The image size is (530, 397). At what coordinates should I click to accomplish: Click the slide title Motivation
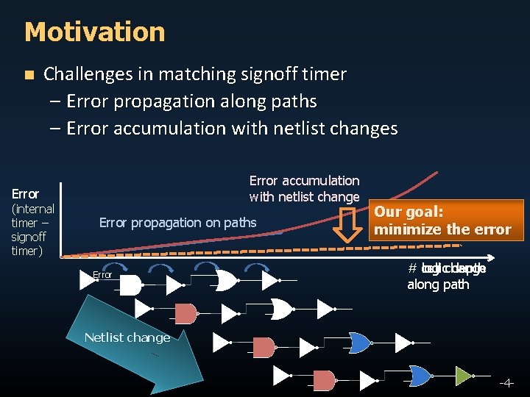pos(94,32)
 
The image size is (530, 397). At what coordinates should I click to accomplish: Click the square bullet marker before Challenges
pos(29,75)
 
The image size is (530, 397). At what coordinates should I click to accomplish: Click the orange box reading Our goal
pos(442,221)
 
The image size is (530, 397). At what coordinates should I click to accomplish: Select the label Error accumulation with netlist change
pos(304,188)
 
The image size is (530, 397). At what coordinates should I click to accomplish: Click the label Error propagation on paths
pos(177,222)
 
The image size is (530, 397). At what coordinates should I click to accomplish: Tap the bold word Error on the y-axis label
pos(25,194)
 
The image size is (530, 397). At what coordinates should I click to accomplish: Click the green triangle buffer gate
pos(462,376)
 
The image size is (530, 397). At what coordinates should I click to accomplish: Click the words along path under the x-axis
pos(437,285)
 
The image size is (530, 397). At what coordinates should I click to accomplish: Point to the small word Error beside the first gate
pos(102,275)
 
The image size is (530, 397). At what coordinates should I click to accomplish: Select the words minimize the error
pos(442,229)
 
